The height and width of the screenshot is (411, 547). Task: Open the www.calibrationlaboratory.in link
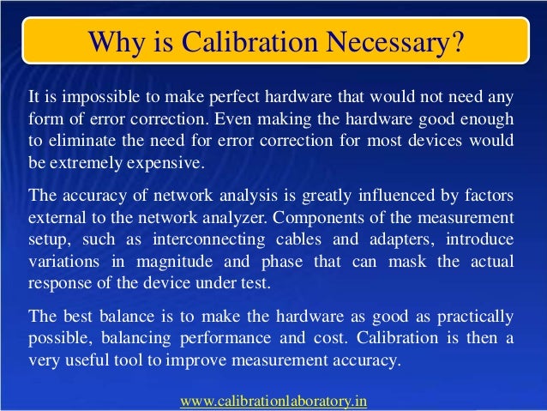273,400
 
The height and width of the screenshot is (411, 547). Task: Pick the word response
60,281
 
